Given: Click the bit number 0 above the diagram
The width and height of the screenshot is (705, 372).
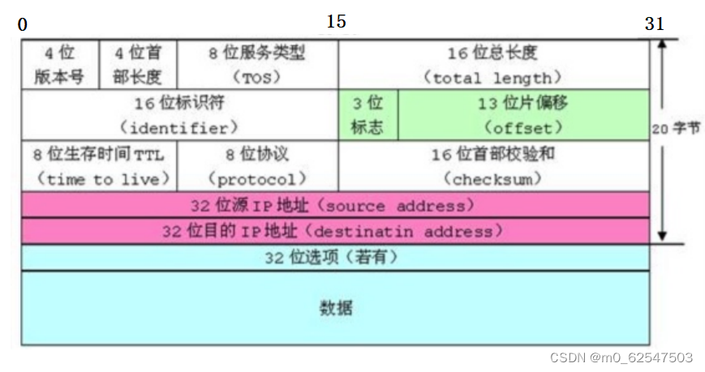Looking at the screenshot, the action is [22, 25].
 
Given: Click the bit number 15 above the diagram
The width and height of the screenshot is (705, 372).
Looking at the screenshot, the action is [337, 22].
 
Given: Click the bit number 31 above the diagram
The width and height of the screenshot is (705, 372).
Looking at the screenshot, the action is [655, 24].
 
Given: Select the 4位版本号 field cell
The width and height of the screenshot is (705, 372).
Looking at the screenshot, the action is [60, 65].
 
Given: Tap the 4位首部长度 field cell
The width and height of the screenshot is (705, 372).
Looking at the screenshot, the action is [138, 65].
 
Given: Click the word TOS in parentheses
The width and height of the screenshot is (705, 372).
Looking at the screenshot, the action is [256, 78].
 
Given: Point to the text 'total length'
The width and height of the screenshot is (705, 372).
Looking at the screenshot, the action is [492, 78].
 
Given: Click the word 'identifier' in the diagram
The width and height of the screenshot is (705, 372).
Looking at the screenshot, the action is [178, 128].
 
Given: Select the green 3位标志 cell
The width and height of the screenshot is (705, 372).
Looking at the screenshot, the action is [368, 115].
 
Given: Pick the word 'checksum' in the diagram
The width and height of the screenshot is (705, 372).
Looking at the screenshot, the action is [492, 178].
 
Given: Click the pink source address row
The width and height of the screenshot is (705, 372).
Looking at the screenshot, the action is [335, 205].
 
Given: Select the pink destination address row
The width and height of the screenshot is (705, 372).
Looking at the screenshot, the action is [335, 231].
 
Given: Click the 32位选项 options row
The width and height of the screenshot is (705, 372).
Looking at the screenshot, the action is [335, 258].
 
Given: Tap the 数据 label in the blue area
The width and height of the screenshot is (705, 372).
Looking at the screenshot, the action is [336, 308].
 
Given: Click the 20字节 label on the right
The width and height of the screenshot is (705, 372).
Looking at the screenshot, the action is [673, 128].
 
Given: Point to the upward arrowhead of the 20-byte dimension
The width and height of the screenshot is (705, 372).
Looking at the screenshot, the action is [662, 46].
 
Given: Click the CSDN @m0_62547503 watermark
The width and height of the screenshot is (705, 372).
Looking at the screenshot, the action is [621, 357].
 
